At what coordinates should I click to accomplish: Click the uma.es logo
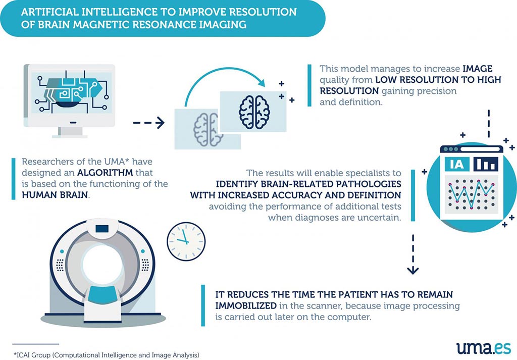tap(484, 348)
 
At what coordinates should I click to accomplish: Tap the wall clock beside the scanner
tap(186, 242)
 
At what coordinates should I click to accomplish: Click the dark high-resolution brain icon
tap(254, 112)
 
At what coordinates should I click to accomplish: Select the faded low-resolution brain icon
tap(206, 129)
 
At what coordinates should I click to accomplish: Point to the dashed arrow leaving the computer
tap(149, 123)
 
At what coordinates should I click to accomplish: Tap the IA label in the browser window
tap(456, 164)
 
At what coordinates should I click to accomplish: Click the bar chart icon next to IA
tap(486, 164)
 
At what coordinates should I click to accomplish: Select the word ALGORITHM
tap(105, 172)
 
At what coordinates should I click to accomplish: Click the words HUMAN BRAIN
tap(55, 195)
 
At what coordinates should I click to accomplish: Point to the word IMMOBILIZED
tap(246, 305)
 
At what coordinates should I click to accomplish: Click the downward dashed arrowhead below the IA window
tap(413, 270)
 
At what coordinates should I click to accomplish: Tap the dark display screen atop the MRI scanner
tap(102, 228)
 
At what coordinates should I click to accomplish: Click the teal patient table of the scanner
tap(102, 294)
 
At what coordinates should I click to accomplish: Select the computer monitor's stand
tap(70, 132)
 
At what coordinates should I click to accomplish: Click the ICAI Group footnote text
tap(107, 355)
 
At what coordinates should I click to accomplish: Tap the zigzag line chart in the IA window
tap(471, 194)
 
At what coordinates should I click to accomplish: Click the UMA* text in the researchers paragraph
tap(117, 162)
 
